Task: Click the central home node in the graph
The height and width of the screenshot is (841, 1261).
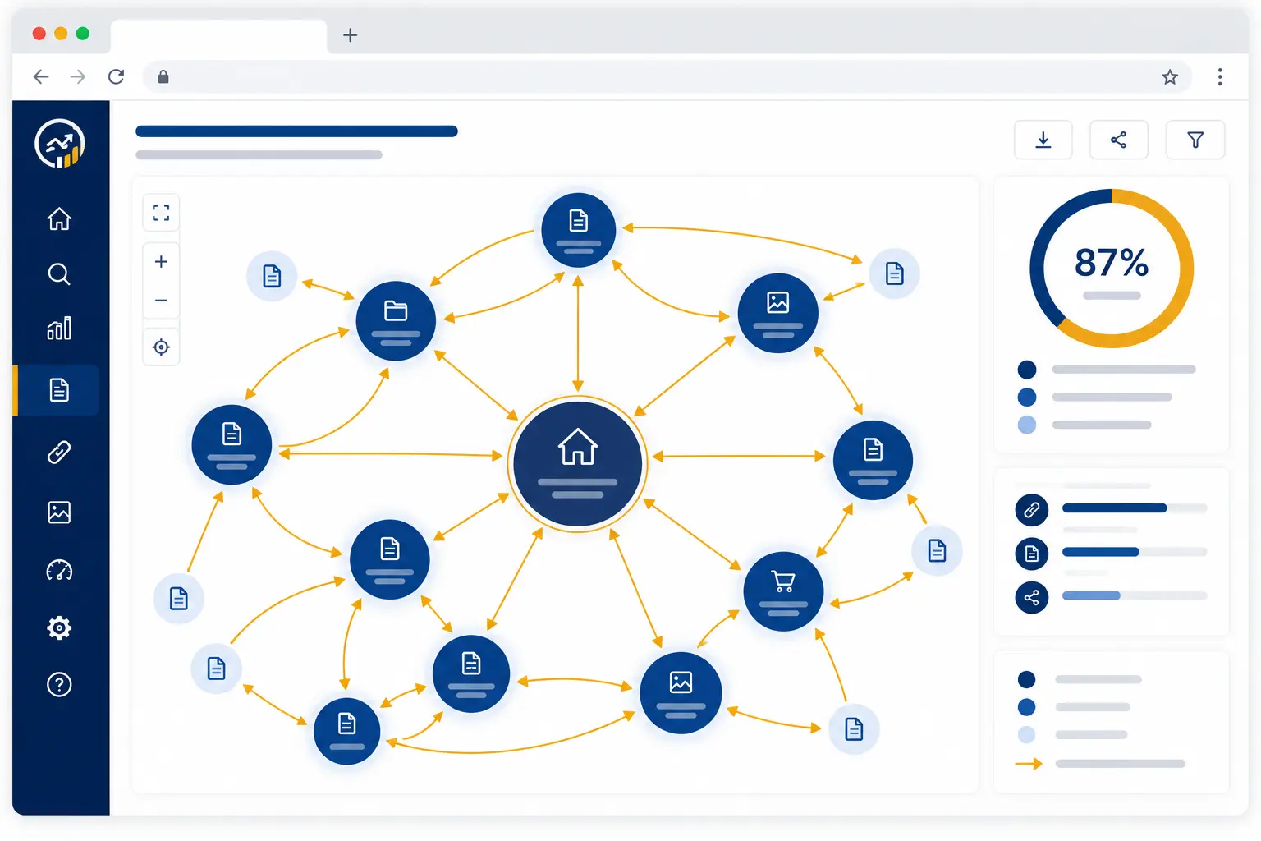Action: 577,463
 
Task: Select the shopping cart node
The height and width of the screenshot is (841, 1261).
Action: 783,591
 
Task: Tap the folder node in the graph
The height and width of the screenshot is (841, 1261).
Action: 396,320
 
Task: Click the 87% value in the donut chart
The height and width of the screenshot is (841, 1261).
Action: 1112,263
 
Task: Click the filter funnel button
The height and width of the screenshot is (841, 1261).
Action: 1195,140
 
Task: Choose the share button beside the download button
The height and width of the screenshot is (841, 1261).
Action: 1119,140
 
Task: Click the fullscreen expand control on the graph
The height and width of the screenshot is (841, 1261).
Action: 161,213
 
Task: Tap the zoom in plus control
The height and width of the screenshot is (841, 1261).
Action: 161,262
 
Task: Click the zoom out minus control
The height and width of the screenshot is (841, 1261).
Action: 161,301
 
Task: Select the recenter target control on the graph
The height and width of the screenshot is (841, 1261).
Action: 161,347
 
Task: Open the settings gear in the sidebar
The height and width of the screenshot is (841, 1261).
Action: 59,627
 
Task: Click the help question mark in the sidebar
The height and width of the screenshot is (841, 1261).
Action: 59,684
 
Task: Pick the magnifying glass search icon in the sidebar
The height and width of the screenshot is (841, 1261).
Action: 59,274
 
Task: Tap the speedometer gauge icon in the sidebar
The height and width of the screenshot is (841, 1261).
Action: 59,570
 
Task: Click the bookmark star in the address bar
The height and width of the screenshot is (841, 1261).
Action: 1170,77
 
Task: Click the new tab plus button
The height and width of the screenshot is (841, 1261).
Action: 351,35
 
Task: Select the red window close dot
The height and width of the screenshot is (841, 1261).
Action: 39,34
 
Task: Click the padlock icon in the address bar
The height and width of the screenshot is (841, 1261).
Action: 163,76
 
